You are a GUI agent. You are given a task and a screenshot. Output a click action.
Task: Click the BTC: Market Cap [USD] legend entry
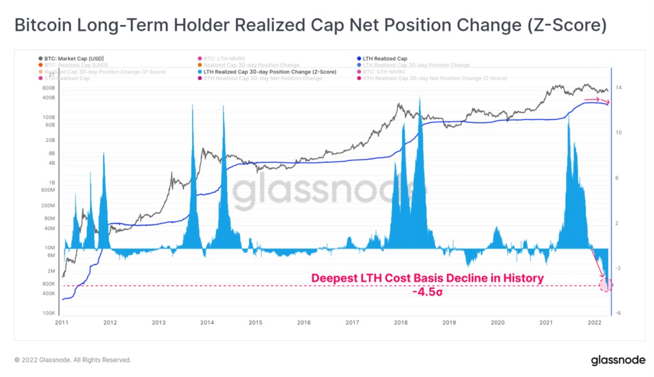tap(74, 58)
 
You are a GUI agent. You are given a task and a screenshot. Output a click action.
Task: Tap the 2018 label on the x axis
tap(401, 323)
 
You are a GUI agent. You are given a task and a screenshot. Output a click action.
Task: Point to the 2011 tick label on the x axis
tap(61, 323)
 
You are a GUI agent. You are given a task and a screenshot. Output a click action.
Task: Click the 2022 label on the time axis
tap(595, 323)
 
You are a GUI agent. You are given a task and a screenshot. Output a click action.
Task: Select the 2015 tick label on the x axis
tap(255, 323)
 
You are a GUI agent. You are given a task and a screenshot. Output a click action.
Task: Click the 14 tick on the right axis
tap(619, 88)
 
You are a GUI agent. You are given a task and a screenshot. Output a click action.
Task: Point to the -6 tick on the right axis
tap(619, 313)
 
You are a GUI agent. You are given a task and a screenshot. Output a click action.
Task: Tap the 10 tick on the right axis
tap(619, 132)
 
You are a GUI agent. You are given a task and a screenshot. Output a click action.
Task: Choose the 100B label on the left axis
tap(49, 118)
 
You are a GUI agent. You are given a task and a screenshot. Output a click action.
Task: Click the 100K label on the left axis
tap(49, 313)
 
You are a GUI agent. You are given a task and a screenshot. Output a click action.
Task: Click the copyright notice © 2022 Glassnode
tap(73, 360)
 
